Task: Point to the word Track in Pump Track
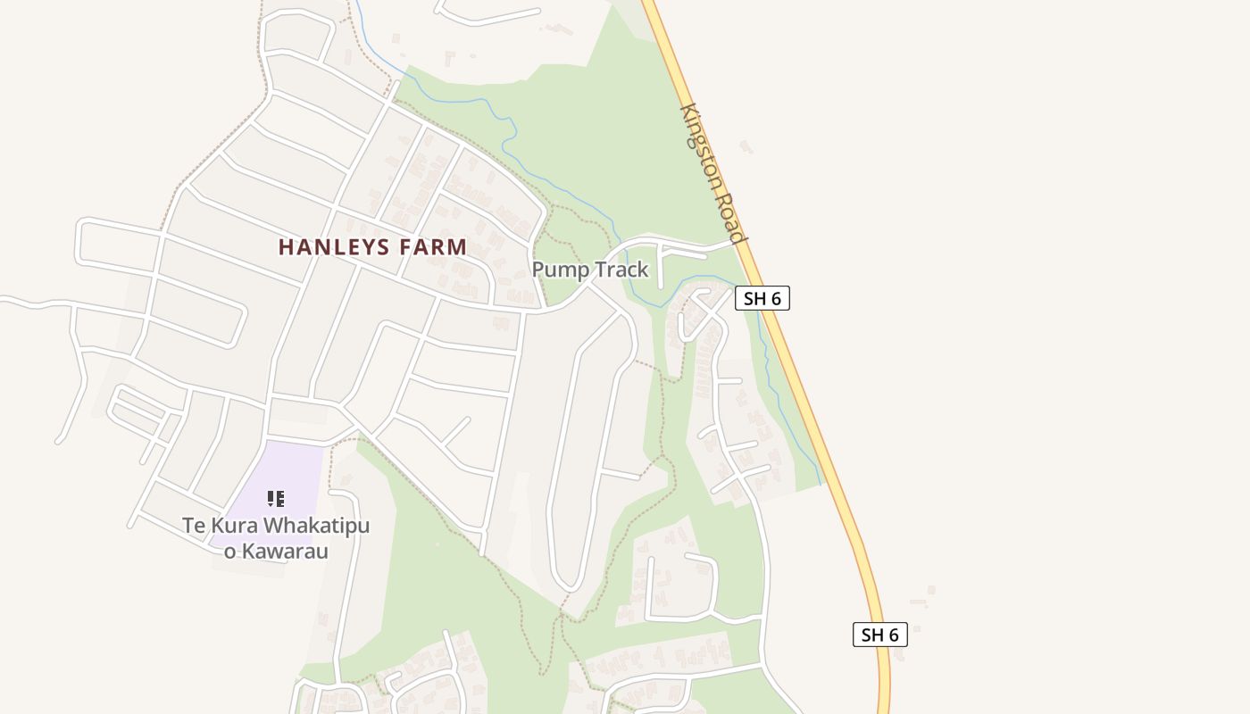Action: tap(621, 270)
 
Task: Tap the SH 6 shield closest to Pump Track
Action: tap(762, 298)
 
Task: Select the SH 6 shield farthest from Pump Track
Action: tap(879, 635)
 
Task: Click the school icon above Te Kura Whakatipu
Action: tap(276, 498)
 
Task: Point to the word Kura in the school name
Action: tap(229, 526)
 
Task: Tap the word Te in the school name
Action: tap(194, 526)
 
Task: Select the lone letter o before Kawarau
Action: tap(229, 552)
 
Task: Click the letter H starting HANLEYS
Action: tap(286, 247)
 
